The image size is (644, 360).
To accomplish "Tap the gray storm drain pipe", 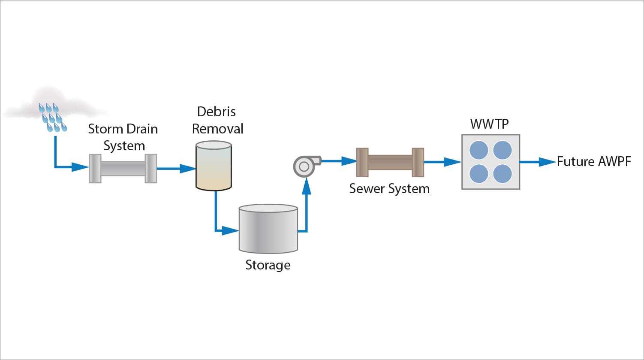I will click(123, 169).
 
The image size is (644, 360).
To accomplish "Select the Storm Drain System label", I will click(123, 137).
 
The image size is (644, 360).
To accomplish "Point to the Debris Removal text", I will click(217, 120).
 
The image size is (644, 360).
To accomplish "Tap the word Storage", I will click(268, 265).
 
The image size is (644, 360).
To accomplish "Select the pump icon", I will click(304, 166).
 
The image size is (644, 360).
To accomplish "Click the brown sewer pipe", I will click(390, 162).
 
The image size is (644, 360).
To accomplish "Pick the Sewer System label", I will click(389, 189).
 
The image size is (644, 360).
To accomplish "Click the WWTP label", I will click(490, 124).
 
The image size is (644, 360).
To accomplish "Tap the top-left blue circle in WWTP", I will click(479, 151).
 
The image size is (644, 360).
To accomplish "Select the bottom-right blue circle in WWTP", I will click(502, 174).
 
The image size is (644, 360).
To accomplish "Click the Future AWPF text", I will click(594, 162).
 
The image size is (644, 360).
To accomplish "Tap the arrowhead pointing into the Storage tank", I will click(232, 231).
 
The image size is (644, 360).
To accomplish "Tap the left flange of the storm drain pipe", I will click(95, 169).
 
